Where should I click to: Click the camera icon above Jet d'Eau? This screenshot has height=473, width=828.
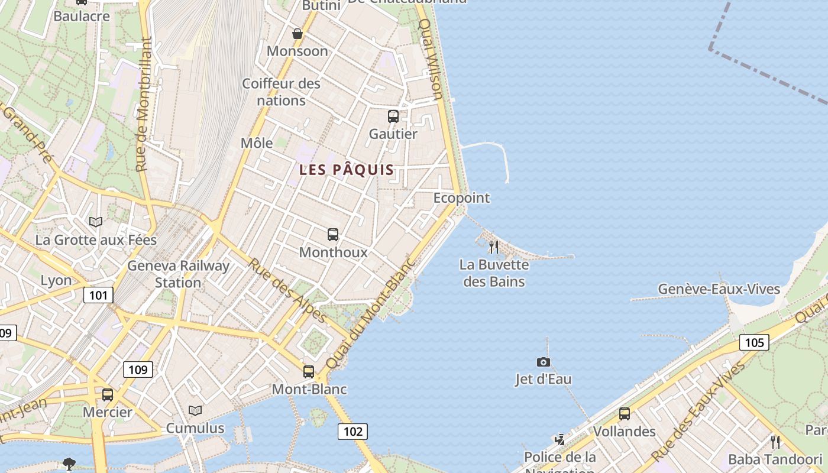[x=543, y=362]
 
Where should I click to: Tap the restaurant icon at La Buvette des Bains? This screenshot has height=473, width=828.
[x=494, y=247]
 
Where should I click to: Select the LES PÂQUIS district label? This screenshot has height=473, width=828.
[x=347, y=170]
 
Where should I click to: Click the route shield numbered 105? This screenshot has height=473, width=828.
[x=754, y=342]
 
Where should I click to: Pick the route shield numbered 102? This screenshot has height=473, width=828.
[x=352, y=432]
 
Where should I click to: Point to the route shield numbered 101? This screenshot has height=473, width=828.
[x=98, y=294]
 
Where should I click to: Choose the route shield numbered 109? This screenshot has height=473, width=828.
[x=138, y=370]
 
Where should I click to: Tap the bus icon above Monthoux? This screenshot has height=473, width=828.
[x=333, y=235]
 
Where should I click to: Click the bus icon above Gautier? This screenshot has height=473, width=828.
[x=393, y=116]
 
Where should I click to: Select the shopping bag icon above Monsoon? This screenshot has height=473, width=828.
[x=297, y=34]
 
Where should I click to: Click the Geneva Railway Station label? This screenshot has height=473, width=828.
[x=178, y=274]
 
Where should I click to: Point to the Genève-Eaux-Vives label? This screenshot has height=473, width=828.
[x=719, y=289]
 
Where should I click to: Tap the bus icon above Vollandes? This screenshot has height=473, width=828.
[x=625, y=414]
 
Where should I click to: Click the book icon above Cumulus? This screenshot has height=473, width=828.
[x=195, y=410]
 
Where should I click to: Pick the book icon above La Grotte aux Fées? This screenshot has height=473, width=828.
[x=96, y=222]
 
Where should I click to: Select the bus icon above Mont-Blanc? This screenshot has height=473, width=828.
[x=309, y=372]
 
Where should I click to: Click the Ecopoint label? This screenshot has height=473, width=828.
[x=461, y=198]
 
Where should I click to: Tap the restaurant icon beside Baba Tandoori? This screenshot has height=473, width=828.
[x=775, y=442]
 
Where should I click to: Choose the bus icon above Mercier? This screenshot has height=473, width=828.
[x=108, y=394]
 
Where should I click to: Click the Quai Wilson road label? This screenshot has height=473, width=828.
[x=431, y=59]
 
